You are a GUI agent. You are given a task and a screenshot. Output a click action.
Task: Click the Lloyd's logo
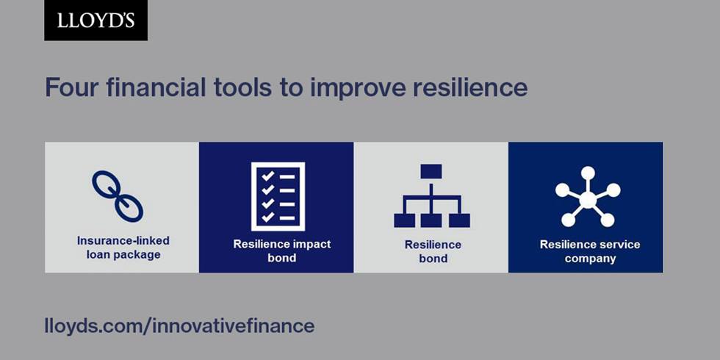click(96, 21)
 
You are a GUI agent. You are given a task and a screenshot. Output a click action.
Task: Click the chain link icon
click(118, 196)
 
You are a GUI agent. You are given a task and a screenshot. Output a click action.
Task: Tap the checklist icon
click(278, 196)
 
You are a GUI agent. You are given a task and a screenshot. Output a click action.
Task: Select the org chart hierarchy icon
click(432, 196)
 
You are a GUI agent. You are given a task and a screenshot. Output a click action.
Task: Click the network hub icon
click(588, 197)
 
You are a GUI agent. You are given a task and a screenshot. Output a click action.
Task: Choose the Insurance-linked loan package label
click(123, 248)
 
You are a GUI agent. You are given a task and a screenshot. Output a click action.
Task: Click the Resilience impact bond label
click(282, 251)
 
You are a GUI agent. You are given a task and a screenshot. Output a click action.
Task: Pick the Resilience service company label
click(590, 251)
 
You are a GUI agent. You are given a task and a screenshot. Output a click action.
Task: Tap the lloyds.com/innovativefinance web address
click(179, 326)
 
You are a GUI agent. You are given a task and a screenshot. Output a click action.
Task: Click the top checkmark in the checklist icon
click(267, 176)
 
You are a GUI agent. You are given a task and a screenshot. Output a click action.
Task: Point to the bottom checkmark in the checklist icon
click(267, 217)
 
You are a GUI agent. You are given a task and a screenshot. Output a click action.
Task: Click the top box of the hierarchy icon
click(431, 171)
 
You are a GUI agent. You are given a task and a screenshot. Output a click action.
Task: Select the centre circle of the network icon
click(588, 200)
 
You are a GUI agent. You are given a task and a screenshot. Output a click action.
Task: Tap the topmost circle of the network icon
click(588, 173)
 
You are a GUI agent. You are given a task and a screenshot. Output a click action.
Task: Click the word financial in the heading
click(156, 87)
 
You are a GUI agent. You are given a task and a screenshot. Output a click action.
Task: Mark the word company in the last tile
click(590, 259)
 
